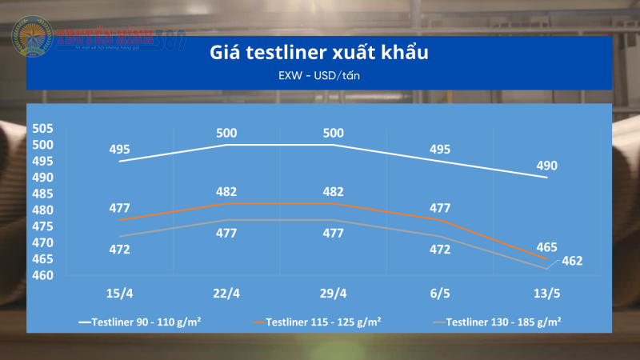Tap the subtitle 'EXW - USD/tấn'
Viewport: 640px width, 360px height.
point(320,76)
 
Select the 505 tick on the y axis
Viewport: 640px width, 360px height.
point(43,129)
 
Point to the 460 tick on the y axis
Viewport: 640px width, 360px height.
point(43,276)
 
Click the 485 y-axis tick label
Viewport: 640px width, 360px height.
point(43,194)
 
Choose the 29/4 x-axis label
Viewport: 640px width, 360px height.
point(333,294)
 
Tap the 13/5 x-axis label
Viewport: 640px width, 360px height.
point(546,294)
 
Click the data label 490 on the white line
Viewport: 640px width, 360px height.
point(546,166)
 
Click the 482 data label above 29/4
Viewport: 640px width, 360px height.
point(333,192)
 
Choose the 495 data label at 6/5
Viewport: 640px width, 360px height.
point(440,150)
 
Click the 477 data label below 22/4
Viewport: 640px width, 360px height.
point(226,234)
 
